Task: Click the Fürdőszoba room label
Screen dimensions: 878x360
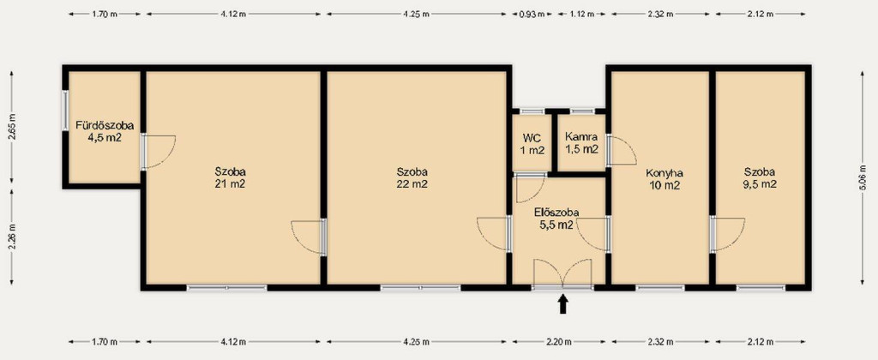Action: (x=105, y=126)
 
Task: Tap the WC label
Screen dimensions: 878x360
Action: (x=532, y=138)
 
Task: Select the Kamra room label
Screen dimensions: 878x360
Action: (x=581, y=136)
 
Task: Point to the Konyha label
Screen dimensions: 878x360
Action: (x=665, y=173)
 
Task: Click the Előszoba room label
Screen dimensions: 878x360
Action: (x=556, y=213)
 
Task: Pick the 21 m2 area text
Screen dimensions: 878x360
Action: (x=230, y=183)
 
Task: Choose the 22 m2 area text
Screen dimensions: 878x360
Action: (x=412, y=183)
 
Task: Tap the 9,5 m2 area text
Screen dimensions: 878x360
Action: (x=760, y=183)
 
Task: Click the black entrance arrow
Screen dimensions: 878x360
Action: (x=563, y=304)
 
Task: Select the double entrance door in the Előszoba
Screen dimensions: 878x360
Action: (x=562, y=274)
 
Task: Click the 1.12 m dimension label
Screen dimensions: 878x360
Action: (x=582, y=15)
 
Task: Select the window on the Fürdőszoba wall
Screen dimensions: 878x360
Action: (x=65, y=111)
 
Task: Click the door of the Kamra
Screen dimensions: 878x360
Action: (x=621, y=150)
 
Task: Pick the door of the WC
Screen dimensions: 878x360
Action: (x=530, y=188)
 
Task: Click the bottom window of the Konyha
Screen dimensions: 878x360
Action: (x=660, y=288)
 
